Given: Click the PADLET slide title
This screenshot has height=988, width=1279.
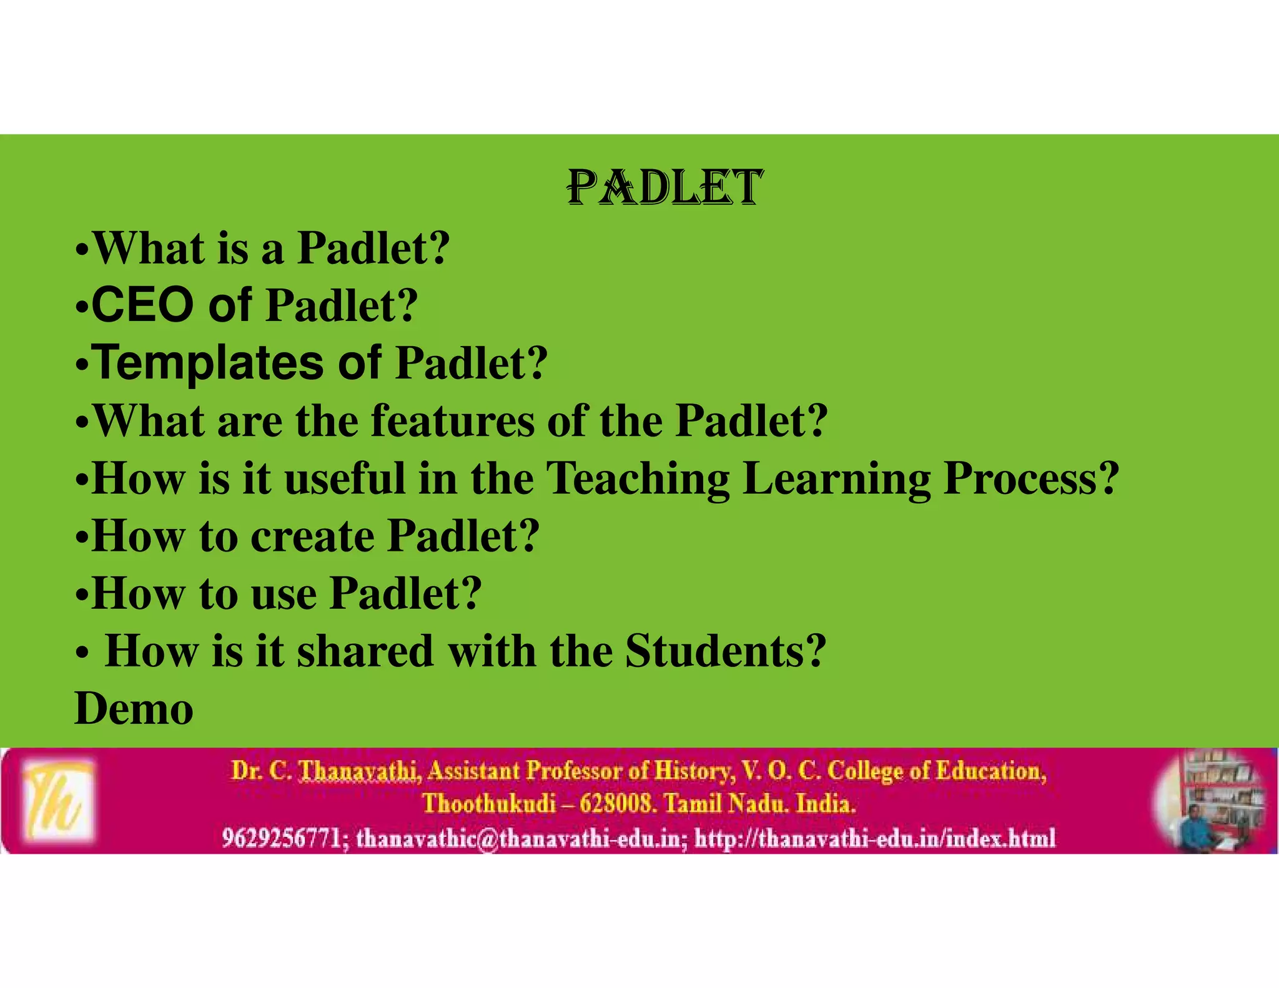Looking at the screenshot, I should [x=664, y=187].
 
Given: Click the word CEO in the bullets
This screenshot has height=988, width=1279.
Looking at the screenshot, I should [x=142, y=305].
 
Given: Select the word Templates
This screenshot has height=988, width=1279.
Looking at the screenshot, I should [x=209, y=363].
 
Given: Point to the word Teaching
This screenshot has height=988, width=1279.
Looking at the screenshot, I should [x=638, y=478].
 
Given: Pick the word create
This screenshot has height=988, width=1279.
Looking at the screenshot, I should [x=312, y=536].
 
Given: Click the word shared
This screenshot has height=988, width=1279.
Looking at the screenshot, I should [x=365, y=651].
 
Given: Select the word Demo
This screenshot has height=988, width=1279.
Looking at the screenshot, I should [x=134, y=708].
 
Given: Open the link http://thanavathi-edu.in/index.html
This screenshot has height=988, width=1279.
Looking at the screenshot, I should [x=875, y=837].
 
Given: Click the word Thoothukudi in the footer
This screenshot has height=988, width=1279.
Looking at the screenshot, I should [x=488, y=803].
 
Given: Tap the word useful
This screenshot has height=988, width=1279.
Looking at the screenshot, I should [x=345, y=478].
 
